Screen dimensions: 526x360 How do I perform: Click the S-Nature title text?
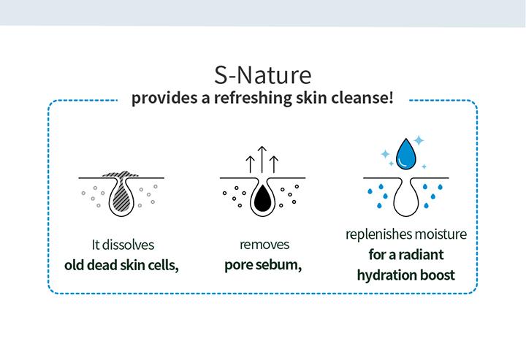pyautogui.click(x=263, y=75)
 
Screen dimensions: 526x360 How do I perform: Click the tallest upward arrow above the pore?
pyautogui.click(x=262, y=159)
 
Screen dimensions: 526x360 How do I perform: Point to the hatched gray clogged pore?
pyautogui.click(x=121, y=194)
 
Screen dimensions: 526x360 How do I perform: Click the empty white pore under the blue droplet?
pyautogui.click(x=406, y=198)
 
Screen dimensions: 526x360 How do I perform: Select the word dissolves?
pyautogui.click(x=128, y=245)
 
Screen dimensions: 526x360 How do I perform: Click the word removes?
pyautogui.click(x=264, y=245)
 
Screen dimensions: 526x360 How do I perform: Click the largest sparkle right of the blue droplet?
pyautogui.click(x=419, y=140)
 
